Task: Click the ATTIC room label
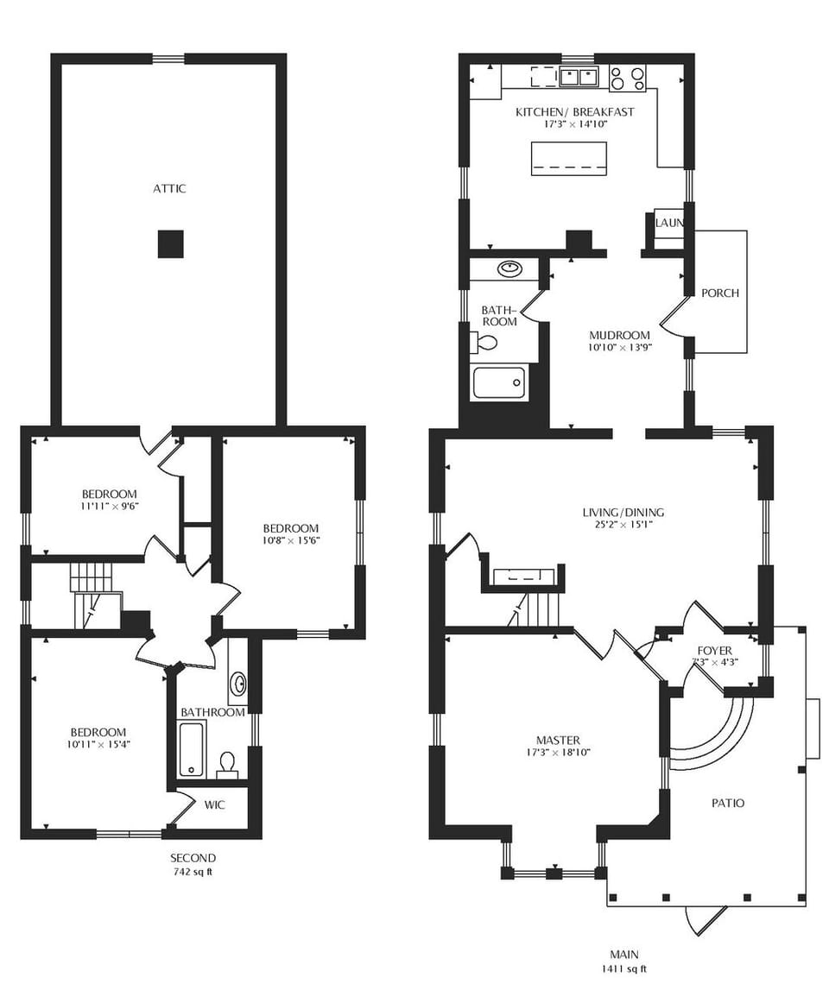pyautogui.click(x=169, y=188)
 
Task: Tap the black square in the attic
pyautogui.click(x=171, y=244)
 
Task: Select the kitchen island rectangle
pyautogui.click(x=567, y=159)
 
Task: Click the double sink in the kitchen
pyautogui.click(x=579, y=78)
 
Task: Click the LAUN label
pyautogui.click(x=669, y=224)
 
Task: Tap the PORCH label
pyautogui.click(x=719, y=293)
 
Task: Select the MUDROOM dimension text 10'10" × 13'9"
pyautogui.click(x=619, y=348)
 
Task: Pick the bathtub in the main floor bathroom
pyautogui.click(x=499, y=383)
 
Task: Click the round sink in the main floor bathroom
pyautogui.click(x=509, y=268)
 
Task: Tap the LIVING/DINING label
pyautogui.click(x=623, y=512)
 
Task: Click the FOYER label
pyautogui.click(x=714, y=650)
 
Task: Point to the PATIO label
pyautogui.click(x=727, y=803)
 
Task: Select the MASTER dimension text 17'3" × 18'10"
pyautogui.click(x=557, y=752)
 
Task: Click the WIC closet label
pyautogui.click(x=215, y=804)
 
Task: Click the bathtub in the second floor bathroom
pyautogui.click(x=191, y=749)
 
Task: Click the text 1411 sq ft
pyautogui.click(x=623, y=968)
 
